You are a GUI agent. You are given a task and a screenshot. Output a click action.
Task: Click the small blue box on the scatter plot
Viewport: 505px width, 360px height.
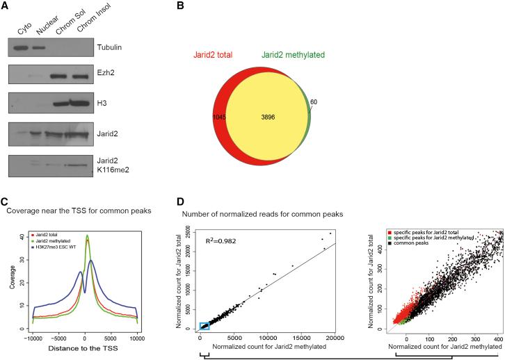point(205,325)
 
